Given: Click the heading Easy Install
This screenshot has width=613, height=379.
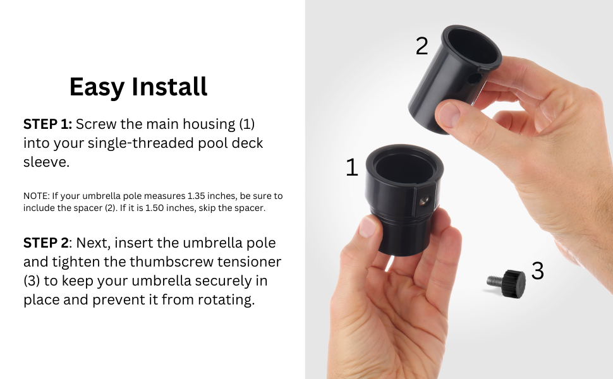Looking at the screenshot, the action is coord(138,87).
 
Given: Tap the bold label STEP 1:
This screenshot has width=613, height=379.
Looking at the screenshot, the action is coord(47,124).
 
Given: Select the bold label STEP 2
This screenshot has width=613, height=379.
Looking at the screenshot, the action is coord(46,243).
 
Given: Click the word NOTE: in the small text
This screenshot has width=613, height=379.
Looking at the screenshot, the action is coord(37,196).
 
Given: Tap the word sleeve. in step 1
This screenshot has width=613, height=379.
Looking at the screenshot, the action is coord(47,162).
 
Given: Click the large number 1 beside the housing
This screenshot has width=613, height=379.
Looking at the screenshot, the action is coord(352,167).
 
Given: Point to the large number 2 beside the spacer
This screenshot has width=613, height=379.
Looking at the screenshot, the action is coord(422,46).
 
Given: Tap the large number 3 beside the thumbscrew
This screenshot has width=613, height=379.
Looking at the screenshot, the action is coord(538,270).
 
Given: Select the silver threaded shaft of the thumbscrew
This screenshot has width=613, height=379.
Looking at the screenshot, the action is coord(495,281).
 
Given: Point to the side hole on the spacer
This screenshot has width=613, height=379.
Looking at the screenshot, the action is coord(475,79).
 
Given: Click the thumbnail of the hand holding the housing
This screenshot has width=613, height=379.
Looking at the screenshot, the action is coord(368,227).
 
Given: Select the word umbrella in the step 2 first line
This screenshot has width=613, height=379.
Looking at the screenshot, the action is coord(208,243).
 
